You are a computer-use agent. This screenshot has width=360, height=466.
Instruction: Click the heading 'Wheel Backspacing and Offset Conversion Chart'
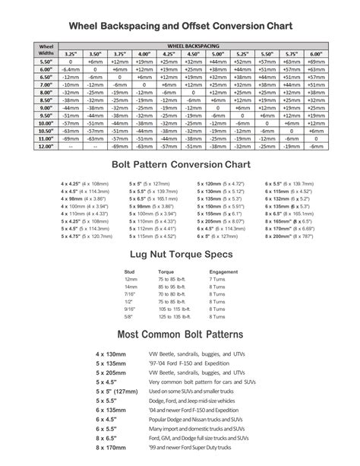[180, 27]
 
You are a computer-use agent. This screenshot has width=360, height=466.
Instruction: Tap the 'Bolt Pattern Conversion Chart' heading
[180, 164]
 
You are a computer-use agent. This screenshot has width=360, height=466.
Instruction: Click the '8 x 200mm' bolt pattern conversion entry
[290, 236]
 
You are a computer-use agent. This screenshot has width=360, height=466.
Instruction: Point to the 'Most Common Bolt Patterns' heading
[180, 335]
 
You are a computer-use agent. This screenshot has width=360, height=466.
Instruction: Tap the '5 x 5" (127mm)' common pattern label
[111, 390]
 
